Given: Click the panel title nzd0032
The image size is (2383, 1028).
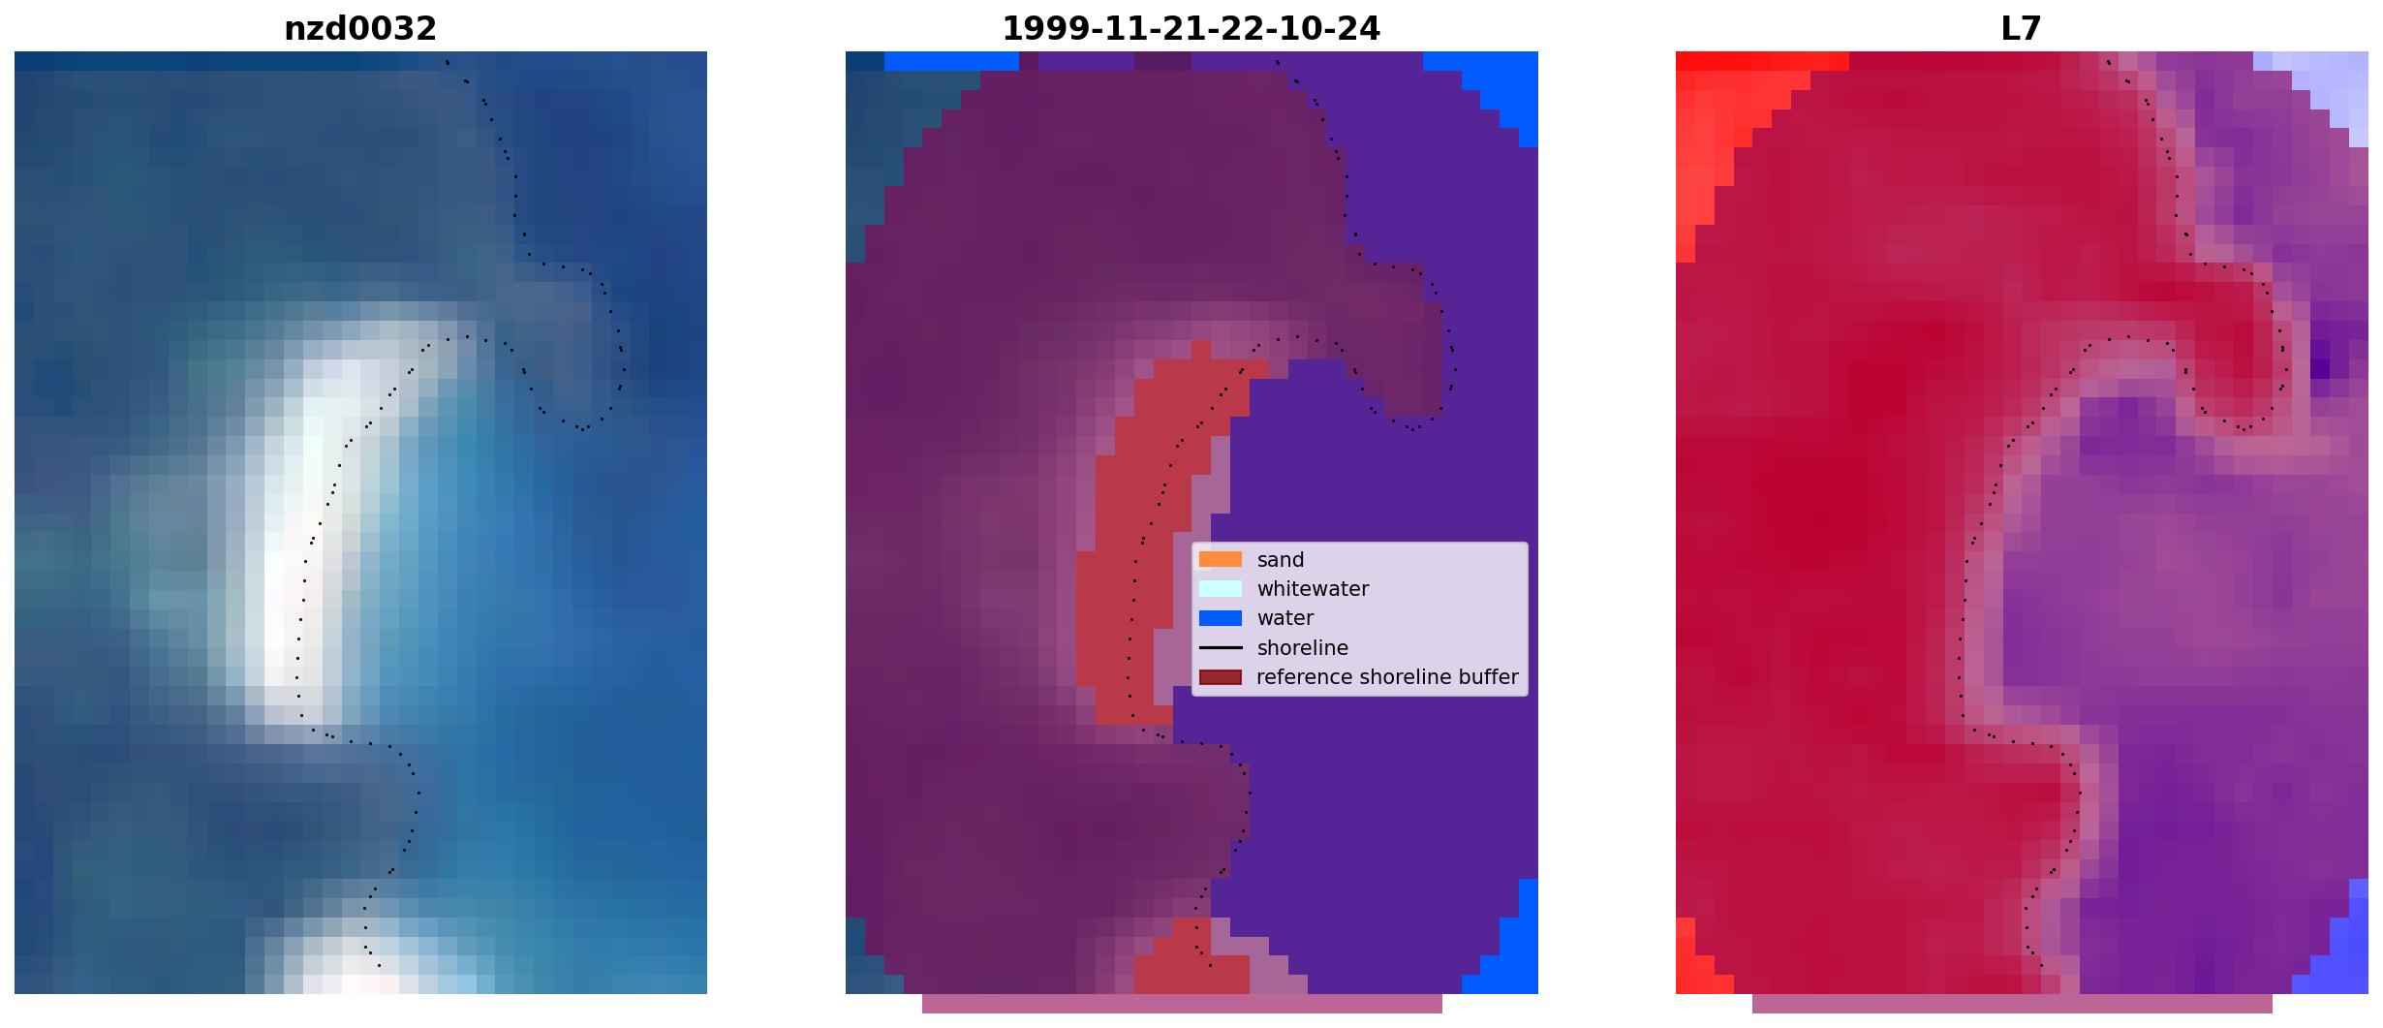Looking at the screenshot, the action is point(360,29).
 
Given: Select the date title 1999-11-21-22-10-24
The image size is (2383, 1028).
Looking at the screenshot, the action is point(1191,29).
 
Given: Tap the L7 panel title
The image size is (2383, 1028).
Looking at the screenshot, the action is point(2021,29).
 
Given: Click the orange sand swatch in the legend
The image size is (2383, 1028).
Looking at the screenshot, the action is point(1220,559).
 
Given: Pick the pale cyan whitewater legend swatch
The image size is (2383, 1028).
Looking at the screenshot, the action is point(1220,588).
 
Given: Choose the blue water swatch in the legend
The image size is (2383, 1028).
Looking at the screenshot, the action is point(1220,618).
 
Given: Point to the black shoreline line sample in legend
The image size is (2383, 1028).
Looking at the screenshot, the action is point(1220,647).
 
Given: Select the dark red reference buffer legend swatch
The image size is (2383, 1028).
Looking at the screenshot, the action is point(1220,677).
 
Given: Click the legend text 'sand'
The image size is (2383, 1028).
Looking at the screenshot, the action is point(1281,560).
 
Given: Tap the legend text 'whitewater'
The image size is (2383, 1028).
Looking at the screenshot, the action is point(1313,589).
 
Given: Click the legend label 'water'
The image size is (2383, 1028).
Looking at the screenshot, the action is point(1285,618).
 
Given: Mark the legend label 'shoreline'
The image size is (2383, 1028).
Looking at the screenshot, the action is point(1303,648).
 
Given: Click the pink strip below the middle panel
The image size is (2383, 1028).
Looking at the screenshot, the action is point(1182,1004).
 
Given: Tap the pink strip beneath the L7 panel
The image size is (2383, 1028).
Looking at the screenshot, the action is point(2012,1004).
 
